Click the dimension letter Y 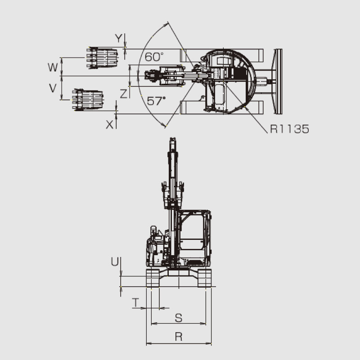118,38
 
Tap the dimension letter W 53,67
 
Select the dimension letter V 53,88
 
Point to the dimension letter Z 123,94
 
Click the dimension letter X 110,125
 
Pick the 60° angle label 154,57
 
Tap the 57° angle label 156,101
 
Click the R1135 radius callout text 289,129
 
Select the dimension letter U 115,261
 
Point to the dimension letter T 136,302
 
